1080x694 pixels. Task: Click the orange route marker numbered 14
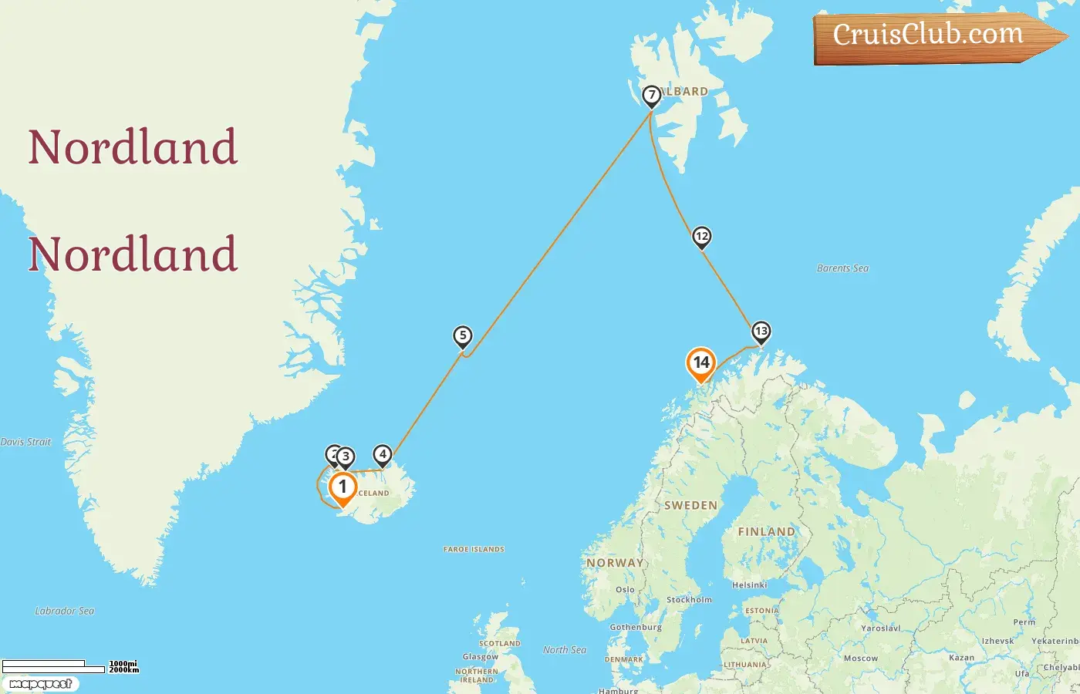tap(700, 362)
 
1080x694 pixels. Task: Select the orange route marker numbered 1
tap(343, 487)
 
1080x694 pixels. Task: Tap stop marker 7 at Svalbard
tap(652, 96)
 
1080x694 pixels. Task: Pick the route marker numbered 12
tap(701, 236)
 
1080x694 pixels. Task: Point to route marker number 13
tap(761, 332)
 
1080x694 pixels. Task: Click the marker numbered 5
tap(462, 335)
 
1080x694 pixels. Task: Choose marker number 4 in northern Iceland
tap(382, 454)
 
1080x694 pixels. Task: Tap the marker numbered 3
tap(346, 456)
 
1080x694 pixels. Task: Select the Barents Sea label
tap(842, 268)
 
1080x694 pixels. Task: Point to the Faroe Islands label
tap(474, 549)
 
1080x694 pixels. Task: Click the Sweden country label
tap(690, 506)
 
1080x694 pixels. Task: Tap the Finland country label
tap(765, 531)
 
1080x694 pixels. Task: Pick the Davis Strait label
tap(25, 442)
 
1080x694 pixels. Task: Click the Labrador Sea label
tap(65, 611)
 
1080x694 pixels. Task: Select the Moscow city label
tap(860, 659)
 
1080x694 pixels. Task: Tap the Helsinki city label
tap(749, 585)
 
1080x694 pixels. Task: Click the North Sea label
tap(565, 650)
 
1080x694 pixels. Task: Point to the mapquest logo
tap(40, 684)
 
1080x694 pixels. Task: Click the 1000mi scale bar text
tap(123, 663)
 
